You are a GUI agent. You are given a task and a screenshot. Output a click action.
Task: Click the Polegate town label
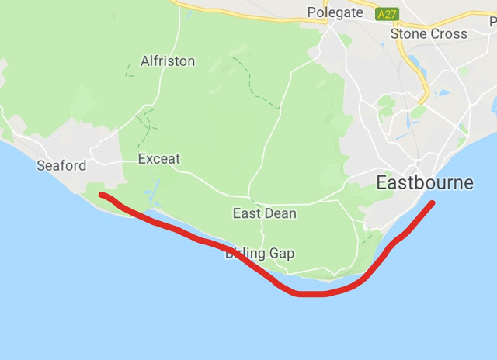point(335,12)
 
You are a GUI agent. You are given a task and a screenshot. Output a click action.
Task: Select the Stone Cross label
point(429,33)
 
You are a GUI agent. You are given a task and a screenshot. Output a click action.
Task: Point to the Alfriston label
point(168,61)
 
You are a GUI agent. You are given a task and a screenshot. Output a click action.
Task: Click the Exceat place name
point(158,159)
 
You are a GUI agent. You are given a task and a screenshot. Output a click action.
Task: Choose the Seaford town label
point(61,166)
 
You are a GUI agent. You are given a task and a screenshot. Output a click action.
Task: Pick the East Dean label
point(264,213)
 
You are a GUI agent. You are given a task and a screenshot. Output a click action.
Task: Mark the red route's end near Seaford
point(103,195)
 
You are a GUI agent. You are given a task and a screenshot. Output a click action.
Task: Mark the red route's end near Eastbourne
point(432,203)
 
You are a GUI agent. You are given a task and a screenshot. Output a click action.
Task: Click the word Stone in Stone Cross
point(408,33)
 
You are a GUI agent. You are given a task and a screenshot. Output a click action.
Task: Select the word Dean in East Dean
point(280,213)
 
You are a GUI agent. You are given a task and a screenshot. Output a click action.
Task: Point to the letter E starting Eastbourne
point(382,183)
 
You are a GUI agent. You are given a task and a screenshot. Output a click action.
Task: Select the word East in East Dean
point(247,213)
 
